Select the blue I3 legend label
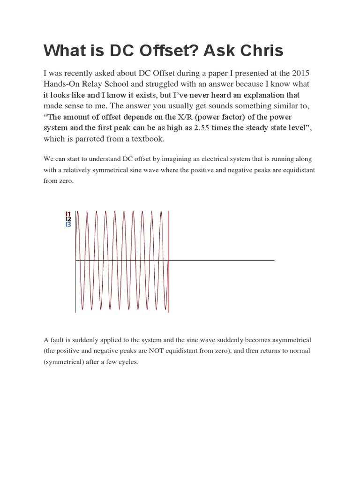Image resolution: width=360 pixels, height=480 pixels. pyautogui.click(x=68, y=225)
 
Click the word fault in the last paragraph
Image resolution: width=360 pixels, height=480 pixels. pyautogui.click(x=58, y=339)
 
